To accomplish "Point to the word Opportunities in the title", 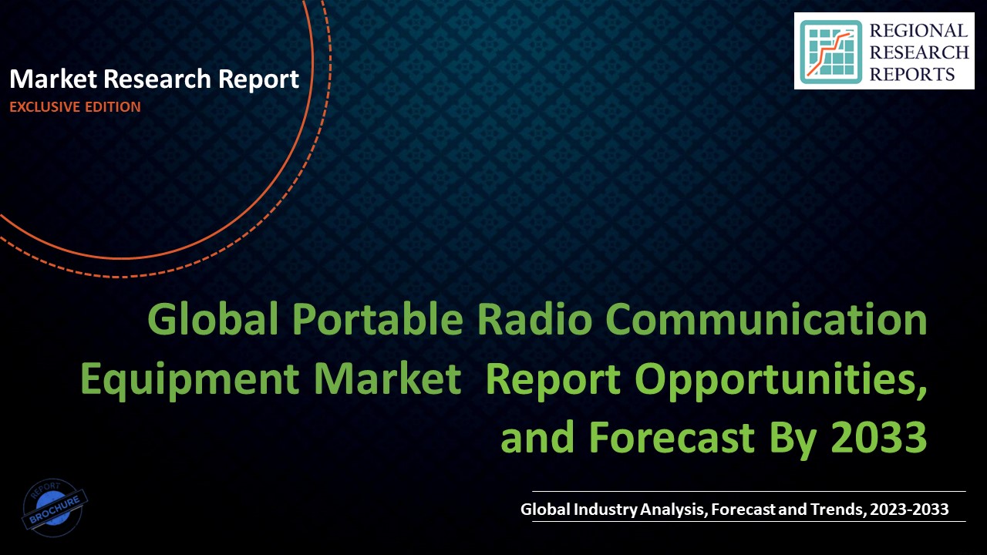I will pos(778,379).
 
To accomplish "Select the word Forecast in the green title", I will pos(672,438).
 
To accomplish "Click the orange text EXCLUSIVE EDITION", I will pos(75,107).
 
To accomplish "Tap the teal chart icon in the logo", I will pos(830,52).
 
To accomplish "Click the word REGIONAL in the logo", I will pos(917,31).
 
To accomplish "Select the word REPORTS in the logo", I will pos(911,74).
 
